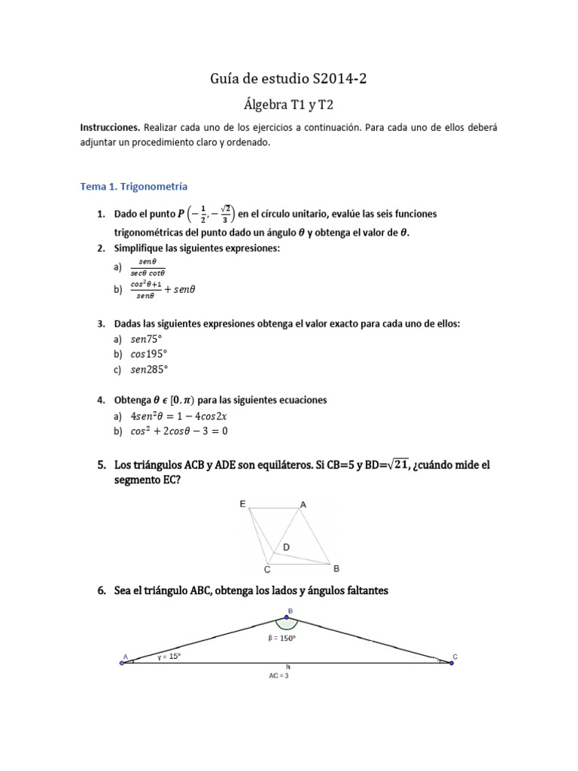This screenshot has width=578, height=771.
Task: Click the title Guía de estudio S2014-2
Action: coord(289,78)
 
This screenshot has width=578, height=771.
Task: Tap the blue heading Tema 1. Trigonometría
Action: coord(133,186)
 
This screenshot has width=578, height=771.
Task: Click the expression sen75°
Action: coord(147,340)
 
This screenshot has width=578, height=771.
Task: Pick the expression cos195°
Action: coord(150,355)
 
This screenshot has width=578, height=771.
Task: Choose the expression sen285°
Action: coord(150,370)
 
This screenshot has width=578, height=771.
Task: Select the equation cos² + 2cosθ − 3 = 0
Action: coord(179,431)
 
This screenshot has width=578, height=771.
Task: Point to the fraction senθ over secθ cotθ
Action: coord(148,267)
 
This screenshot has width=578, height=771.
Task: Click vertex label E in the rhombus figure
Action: coord(243,504)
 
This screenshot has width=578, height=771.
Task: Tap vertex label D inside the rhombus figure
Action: coord(286,546)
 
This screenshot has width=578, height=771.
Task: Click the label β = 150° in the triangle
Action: coord(281,638)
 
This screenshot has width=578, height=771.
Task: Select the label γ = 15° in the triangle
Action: coord(169,657)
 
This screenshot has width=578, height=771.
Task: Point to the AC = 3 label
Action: coord(278,675)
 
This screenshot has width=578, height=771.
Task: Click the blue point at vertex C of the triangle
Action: coord(452,663)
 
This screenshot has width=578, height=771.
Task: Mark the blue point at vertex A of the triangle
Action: coord(122,663)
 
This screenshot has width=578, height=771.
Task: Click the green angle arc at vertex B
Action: coord(287,623)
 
